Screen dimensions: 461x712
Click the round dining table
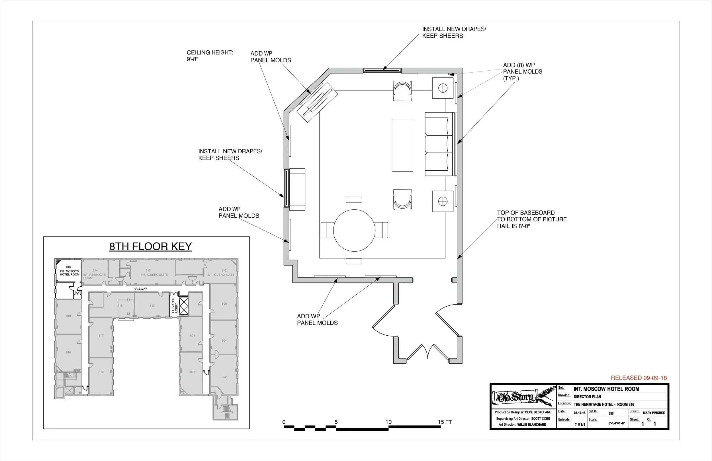354,230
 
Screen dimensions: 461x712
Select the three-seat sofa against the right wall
439,144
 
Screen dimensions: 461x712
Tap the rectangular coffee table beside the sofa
402,145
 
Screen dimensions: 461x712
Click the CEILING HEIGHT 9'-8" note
210,56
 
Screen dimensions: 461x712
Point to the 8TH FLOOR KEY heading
150,246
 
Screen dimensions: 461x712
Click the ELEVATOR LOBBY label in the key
175,305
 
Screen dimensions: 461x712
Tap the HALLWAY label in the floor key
140,289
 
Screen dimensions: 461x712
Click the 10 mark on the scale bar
388,422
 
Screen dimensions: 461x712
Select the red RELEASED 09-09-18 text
639,378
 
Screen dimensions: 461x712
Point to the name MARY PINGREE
654,413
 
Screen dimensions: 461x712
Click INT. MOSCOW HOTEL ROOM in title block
606,389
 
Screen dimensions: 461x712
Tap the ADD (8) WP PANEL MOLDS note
522,72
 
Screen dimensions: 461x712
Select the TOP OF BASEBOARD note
532,219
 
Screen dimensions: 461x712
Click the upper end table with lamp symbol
443,88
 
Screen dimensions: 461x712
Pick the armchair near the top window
402,91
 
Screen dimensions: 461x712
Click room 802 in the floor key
224,377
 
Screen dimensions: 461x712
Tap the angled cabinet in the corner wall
317,102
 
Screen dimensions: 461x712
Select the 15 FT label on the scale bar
445,422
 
